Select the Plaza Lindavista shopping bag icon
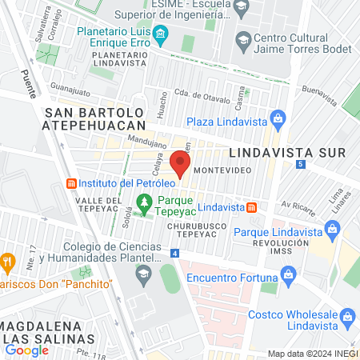click(277, 122)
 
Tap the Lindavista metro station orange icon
click(251, 207)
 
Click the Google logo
click(26, 350)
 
